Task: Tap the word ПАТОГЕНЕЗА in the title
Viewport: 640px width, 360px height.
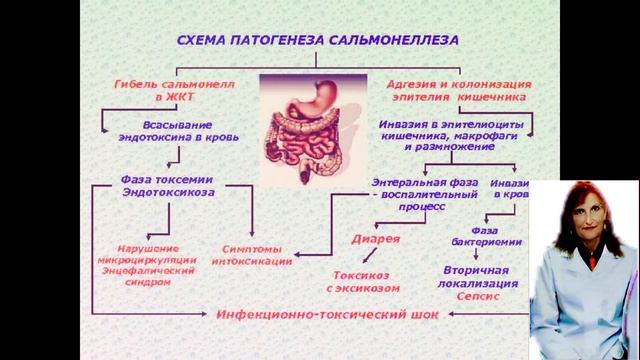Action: click(x=288, y=41)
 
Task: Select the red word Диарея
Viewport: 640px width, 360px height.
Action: click(x=375, y=240)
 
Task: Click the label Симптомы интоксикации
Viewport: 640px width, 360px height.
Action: click(x=254, y=254)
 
